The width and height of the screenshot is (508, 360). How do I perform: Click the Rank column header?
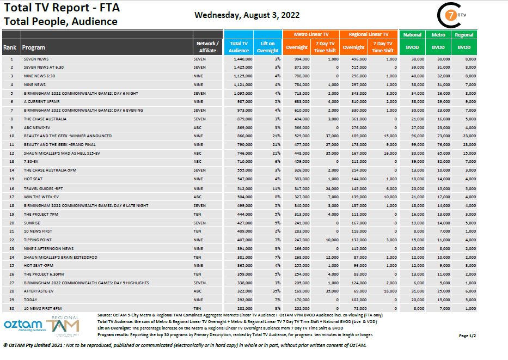click(10, 47)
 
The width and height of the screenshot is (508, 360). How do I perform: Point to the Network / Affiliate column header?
click(207, 47)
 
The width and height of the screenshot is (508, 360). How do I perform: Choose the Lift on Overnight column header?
click(268, 47)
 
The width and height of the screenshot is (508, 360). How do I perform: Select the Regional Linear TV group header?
click(371, 34)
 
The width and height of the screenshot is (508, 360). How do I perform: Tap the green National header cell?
click(412, 35)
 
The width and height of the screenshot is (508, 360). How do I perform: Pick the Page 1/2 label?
click(467, 336)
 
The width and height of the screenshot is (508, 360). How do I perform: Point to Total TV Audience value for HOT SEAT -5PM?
click(241, 265)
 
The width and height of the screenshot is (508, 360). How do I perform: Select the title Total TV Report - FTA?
click(62, 8)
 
